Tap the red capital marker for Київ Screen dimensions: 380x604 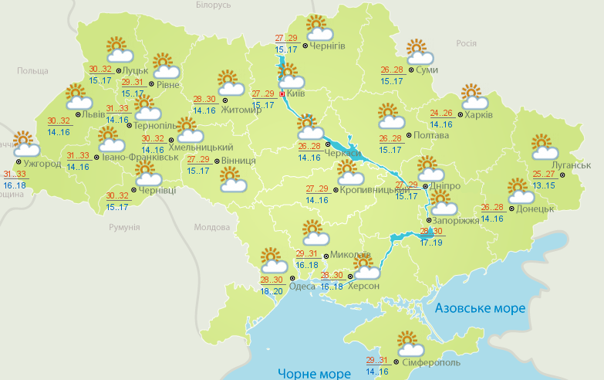(282, 93)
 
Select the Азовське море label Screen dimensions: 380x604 (480, 308)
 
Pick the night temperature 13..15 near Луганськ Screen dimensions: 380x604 (544, 185)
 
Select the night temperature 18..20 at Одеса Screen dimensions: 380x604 (271, 291)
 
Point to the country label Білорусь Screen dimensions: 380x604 (214, 5)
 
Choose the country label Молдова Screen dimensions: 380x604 (211, 228)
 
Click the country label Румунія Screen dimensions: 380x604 (124, 228)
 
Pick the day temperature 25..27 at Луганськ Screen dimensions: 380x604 (544, 175)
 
